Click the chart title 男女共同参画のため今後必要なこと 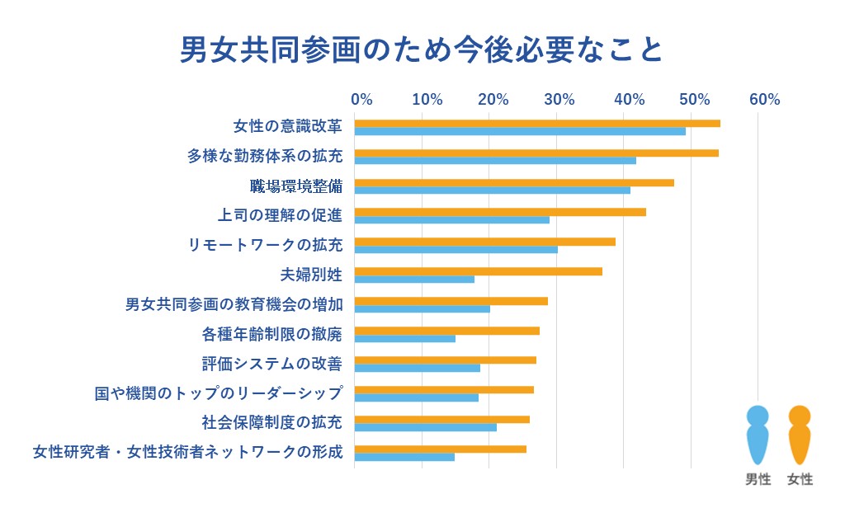click(422, 49)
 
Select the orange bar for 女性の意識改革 click(537, 124)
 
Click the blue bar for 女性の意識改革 click(520, 131)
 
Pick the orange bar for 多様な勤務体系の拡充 click(536, 153)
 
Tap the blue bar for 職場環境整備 click(493, 190)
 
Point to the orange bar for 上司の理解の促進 click(500, 212)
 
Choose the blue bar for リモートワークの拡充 click(456, 250)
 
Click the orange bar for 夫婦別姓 click(479, 271)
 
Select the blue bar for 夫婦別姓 click(414, 280)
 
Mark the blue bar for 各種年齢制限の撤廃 click(405, 338)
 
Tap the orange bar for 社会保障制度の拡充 click(442, 419)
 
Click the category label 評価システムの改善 click(271, 364)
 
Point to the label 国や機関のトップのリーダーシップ click(218, 393)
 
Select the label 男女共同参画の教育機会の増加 click(234, 304)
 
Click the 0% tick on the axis click(361, 100)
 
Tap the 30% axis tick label click(559, 100)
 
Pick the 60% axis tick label click(764, 100)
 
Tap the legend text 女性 click(800, 479)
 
